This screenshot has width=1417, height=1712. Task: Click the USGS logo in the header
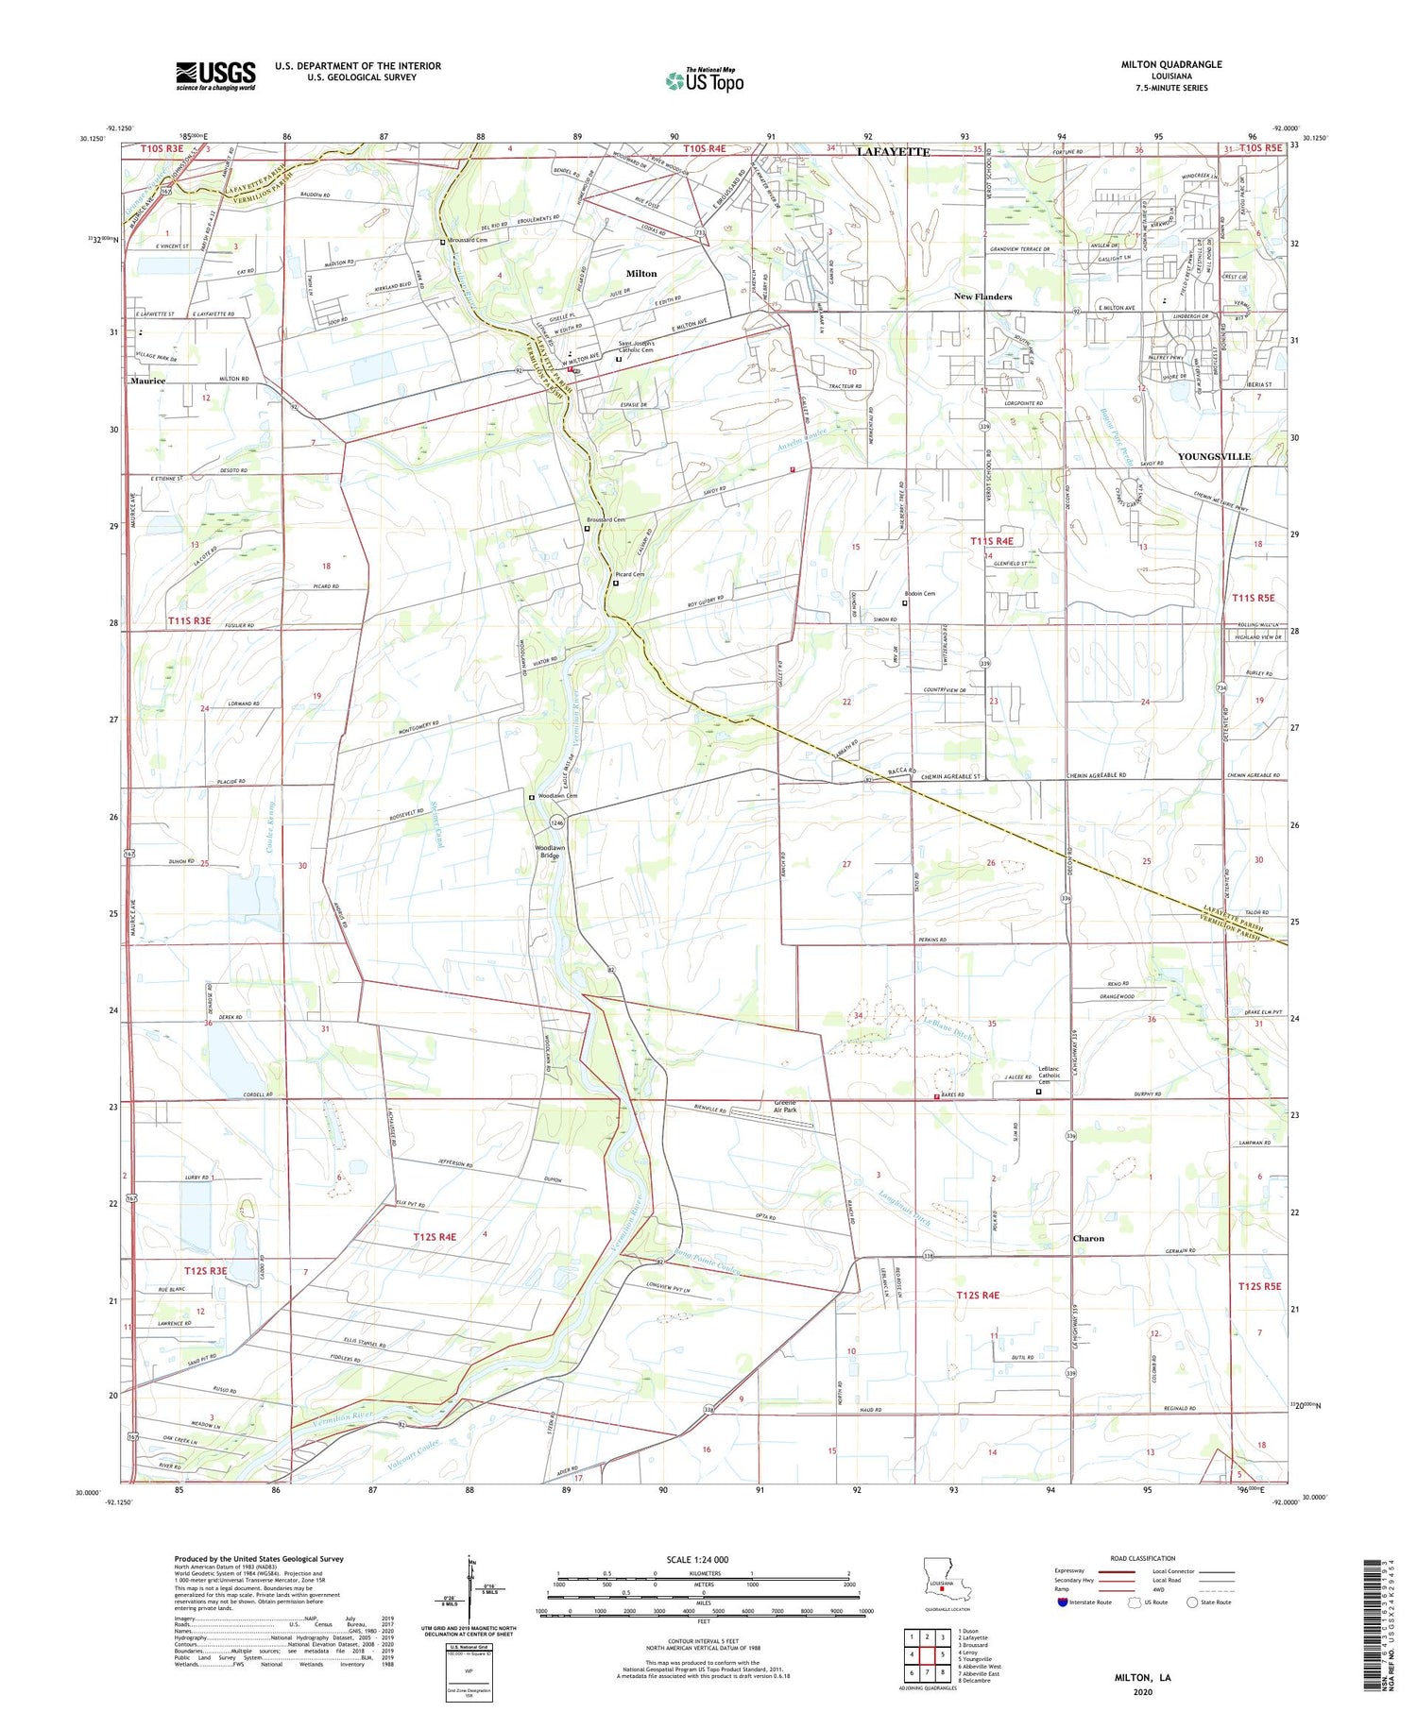215,76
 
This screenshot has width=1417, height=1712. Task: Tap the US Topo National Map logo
705,80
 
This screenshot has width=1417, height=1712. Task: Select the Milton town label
640,274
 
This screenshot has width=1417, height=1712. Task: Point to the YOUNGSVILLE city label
1213,456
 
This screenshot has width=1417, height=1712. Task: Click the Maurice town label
147,381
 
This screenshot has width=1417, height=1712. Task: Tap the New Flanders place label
982,297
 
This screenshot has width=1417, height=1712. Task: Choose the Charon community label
1088,1238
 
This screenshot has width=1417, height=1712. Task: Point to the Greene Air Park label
785,1106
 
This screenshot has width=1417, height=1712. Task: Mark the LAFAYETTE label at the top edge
893,152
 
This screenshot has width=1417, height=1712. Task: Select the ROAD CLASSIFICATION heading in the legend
1143,1558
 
